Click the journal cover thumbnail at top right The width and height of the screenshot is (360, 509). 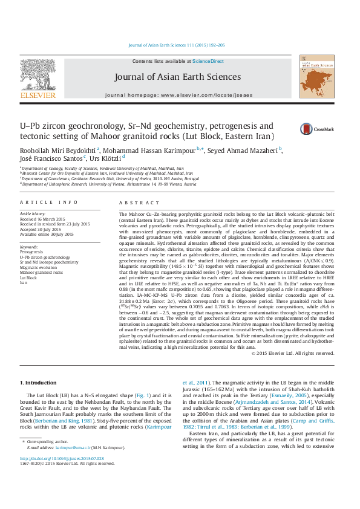313,78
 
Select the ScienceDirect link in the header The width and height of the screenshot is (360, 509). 208,62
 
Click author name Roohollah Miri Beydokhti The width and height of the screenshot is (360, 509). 56,149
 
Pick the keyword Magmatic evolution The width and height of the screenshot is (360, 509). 38,268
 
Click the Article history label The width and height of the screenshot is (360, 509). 33,214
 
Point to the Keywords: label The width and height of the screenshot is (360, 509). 30,247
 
